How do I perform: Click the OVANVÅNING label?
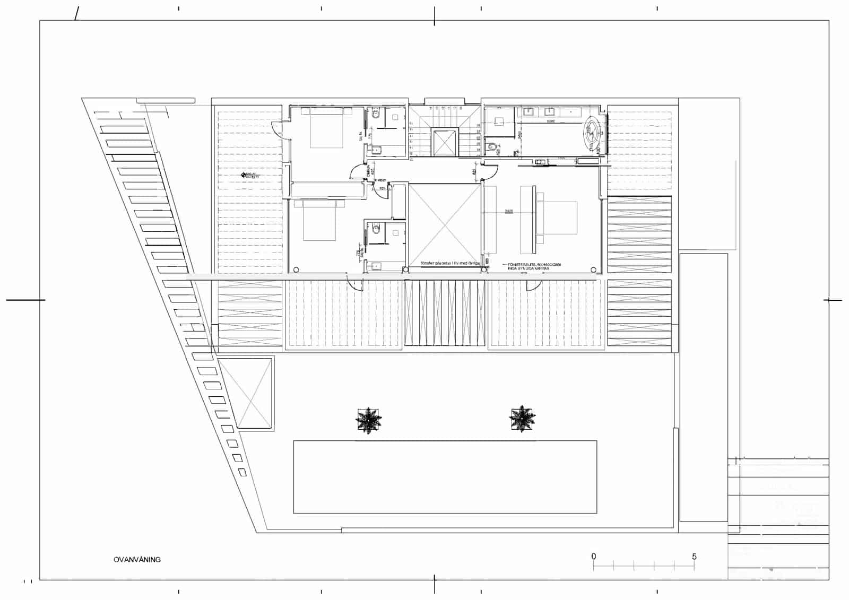pyautogui.click(x=137, y=559)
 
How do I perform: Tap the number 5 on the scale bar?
pyautogui.click(x=694, y=556)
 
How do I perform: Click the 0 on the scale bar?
pyautogui.click(x=594, y=556)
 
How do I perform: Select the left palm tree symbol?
pyautogui.click(x=369, y=421)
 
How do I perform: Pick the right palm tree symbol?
pyautogui.click(x=522, y=419)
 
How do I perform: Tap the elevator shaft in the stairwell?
pyautogui.click(x=445, y=142)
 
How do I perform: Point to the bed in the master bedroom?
pyautogui.click(x=557, y=218)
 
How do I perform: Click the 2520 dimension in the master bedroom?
pyautogui.click(x=508, y=212)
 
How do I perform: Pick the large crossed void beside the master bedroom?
pyautogui.click(x=444, y=225)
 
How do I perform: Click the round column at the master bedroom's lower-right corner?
pyautogui.click(x=594, y=269)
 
